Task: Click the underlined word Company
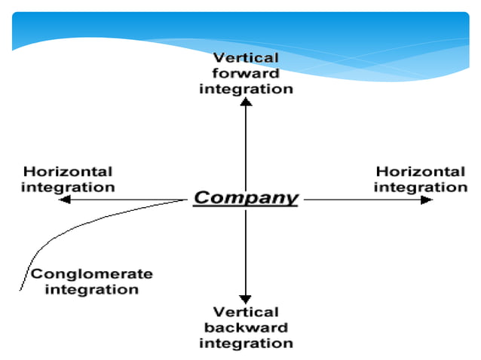[x=246, y=198]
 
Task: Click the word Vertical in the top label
[x=246, y=58]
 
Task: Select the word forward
[x=246, y=73]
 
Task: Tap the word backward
[x=246, y=328]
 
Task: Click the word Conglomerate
[x=91, y=274]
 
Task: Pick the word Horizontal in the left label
[x=68, y=172]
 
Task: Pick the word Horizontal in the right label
[x=420, y=172]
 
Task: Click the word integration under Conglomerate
[x=91, y=289]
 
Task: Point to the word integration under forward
[x=246, y=88]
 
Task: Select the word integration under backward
[x=246, y=343]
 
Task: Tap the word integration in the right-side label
[x=420, y=186]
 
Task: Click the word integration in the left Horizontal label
[x=68, y=187]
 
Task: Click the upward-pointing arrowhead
[x=246, y=102]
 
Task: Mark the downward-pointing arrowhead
[x=245, y=298]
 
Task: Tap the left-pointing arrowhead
[x=65, y=200]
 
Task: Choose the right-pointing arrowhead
[x=427, y=200]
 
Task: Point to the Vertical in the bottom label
[x=246, y=312]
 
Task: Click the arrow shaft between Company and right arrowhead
[x=362, y=200]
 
